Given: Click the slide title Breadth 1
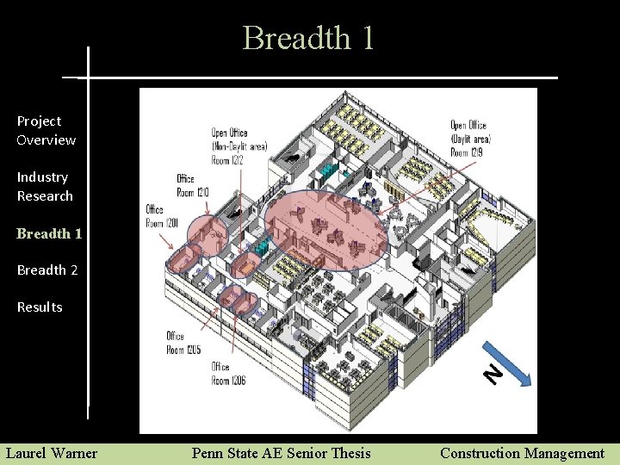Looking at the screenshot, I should click(x=308, y=39).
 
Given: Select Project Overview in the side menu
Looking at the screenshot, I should click(x=46, y=131).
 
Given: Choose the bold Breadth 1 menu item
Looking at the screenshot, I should click(x=49, y=233).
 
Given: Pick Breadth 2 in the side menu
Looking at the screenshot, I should click(x=47, y=270).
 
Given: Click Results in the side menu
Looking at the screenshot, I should click(x=40, y=307).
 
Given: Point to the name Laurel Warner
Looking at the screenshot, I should click(x=52, y=453).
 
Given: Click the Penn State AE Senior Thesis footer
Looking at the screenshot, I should click(x=281, y=453).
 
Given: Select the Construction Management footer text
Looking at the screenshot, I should click(x=522, y=453).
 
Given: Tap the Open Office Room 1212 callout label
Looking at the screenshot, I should click(x=239, y=146).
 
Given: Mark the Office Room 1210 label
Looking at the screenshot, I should click(x=192, y=185).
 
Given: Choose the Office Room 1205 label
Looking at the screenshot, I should click(x=183, y=343).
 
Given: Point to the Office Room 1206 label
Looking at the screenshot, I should click(x=229, y=374).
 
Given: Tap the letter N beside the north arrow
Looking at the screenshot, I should click(x=492, y=374).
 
